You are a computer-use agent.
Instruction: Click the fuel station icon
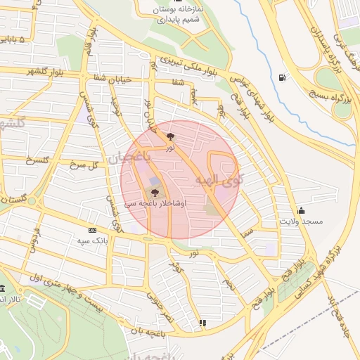[x=283, y=77]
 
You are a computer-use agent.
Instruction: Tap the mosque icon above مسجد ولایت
[x=301, y=210]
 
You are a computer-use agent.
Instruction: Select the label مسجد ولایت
[x=301, y=221]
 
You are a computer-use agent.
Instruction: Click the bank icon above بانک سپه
[x=92, y=230]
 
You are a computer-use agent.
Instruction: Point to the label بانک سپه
[x=92, y=240]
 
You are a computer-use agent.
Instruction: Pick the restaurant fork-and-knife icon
[x=203, y=323]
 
